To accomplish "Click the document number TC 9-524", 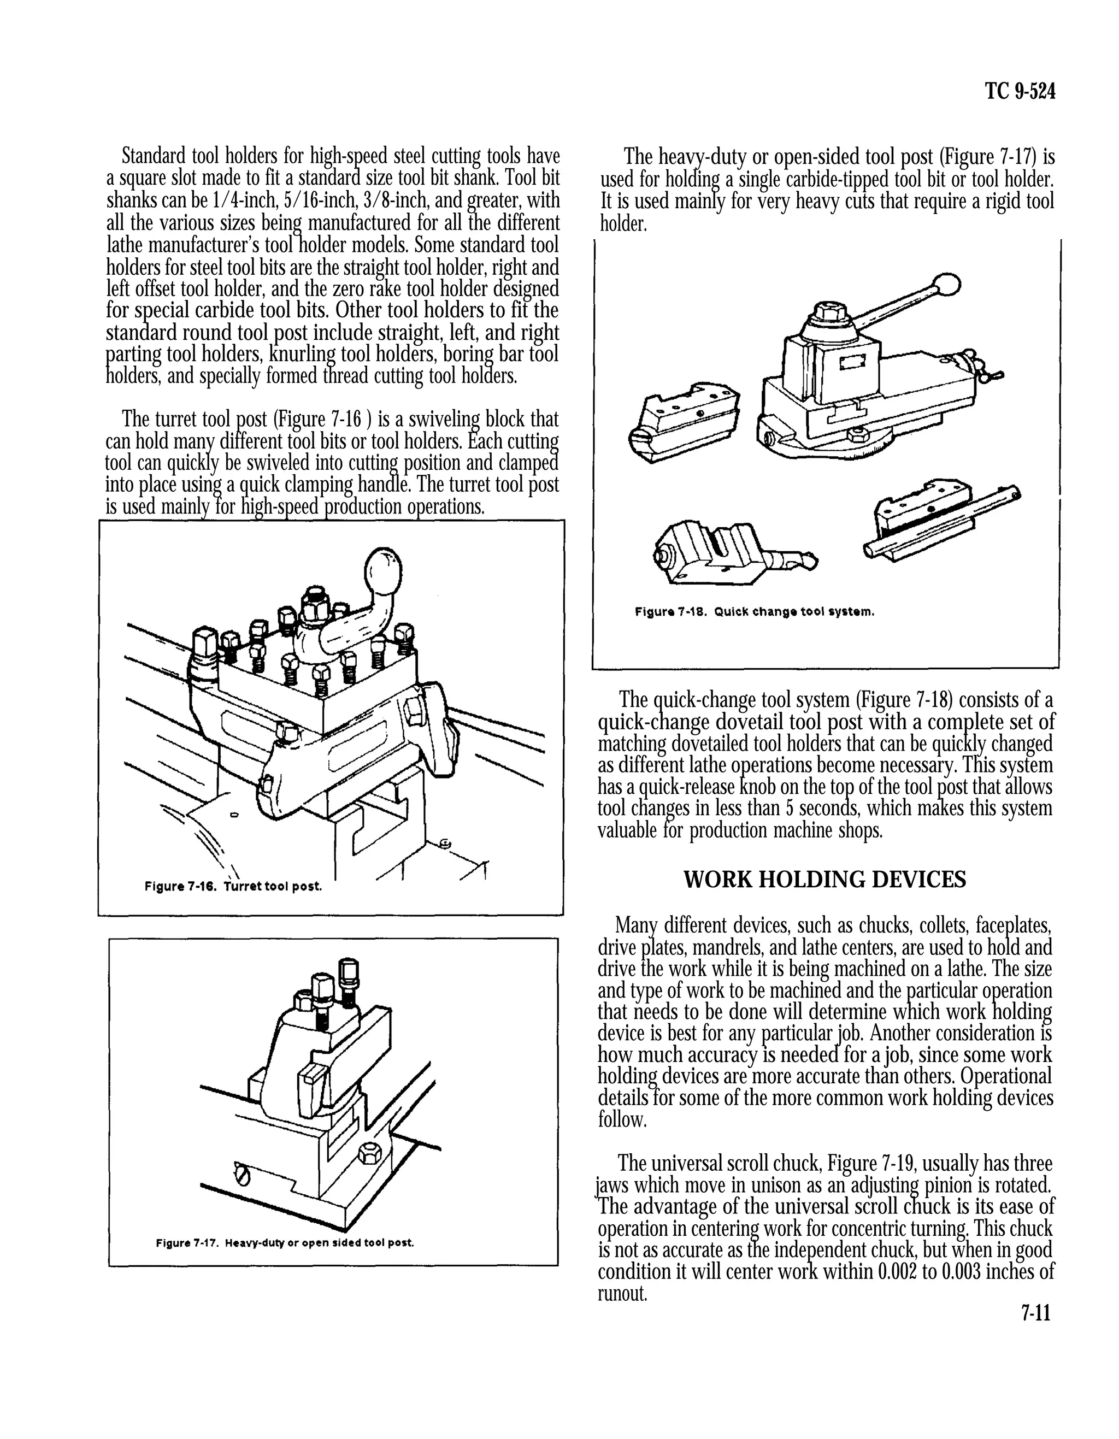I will click(1020, 92).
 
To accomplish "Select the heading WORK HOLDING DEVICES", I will click(824, 879).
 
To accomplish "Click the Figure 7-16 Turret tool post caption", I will click(233, 886).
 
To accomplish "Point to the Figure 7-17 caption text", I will click(285, 1243).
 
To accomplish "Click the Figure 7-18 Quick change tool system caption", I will click(754, 611).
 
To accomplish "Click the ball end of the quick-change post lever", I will click(949, 284).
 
